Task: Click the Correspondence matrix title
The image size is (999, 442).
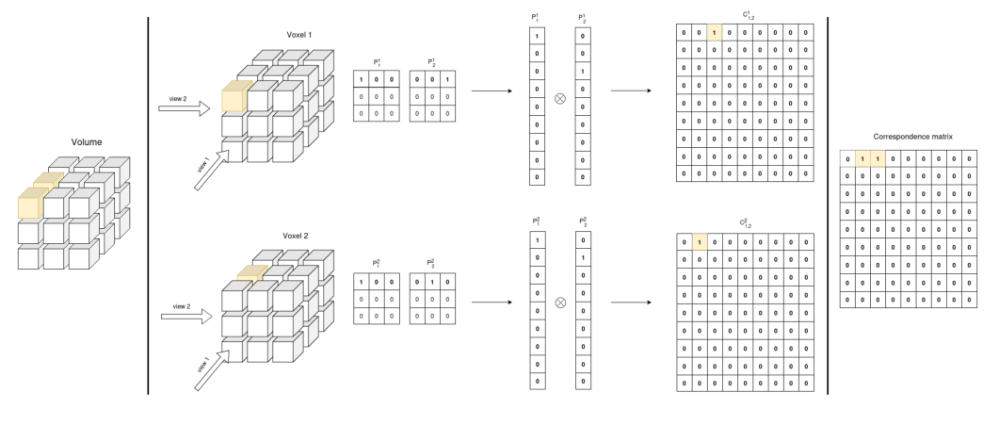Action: (912, 137)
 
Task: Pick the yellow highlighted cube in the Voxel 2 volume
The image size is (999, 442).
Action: (252, 274)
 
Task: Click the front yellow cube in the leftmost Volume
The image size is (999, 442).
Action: (32, 205)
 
